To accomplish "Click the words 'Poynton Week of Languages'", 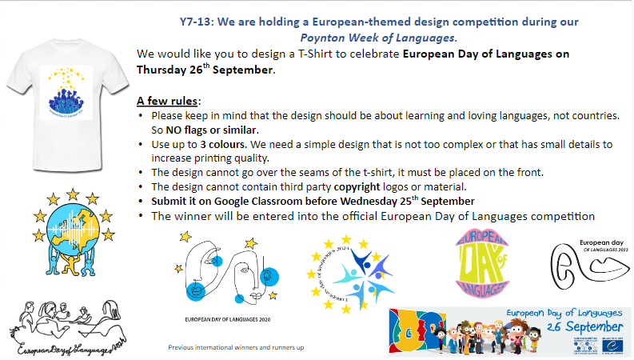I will click(368, 36).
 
